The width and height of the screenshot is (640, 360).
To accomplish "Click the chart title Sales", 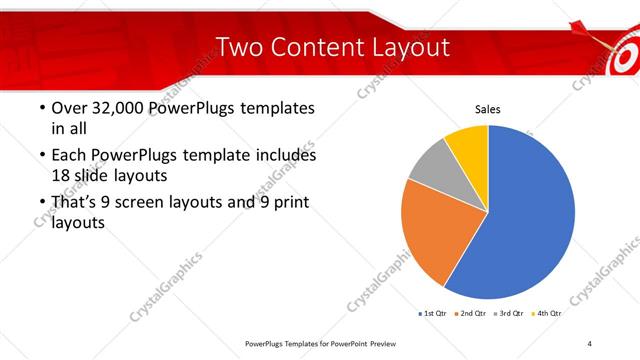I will coord(487,110).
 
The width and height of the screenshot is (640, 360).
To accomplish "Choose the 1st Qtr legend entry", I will coord(432,314).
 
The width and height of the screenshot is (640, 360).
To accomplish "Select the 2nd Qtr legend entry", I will coord(473,314).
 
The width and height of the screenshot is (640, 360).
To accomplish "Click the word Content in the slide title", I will coord(315,47).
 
